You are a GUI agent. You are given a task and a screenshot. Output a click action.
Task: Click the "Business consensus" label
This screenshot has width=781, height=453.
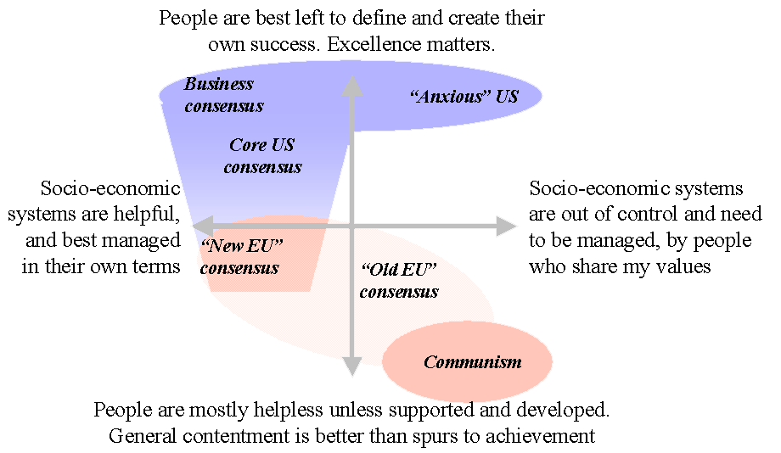223,95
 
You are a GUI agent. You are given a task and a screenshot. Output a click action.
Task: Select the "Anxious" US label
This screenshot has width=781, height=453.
464,96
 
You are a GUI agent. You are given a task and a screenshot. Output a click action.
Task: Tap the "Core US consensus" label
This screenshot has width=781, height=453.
262,156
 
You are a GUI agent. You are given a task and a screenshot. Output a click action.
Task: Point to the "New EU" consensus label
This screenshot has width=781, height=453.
241,256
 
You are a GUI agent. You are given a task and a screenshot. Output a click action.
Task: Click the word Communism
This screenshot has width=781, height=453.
472,362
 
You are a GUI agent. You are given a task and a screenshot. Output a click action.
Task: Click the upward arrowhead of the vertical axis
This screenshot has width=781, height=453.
351,86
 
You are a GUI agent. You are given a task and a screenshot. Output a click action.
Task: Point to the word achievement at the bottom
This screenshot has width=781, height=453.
544,437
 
